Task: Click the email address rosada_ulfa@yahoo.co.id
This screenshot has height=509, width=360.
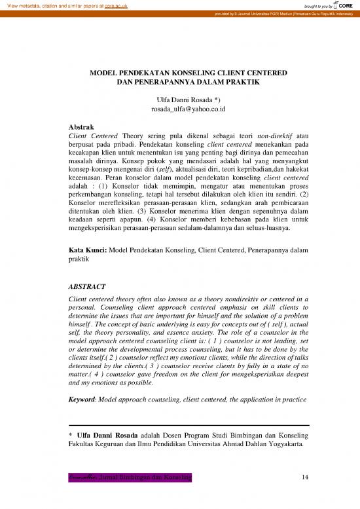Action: click(180, 109)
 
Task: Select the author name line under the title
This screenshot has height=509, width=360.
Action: click(180, 98)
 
